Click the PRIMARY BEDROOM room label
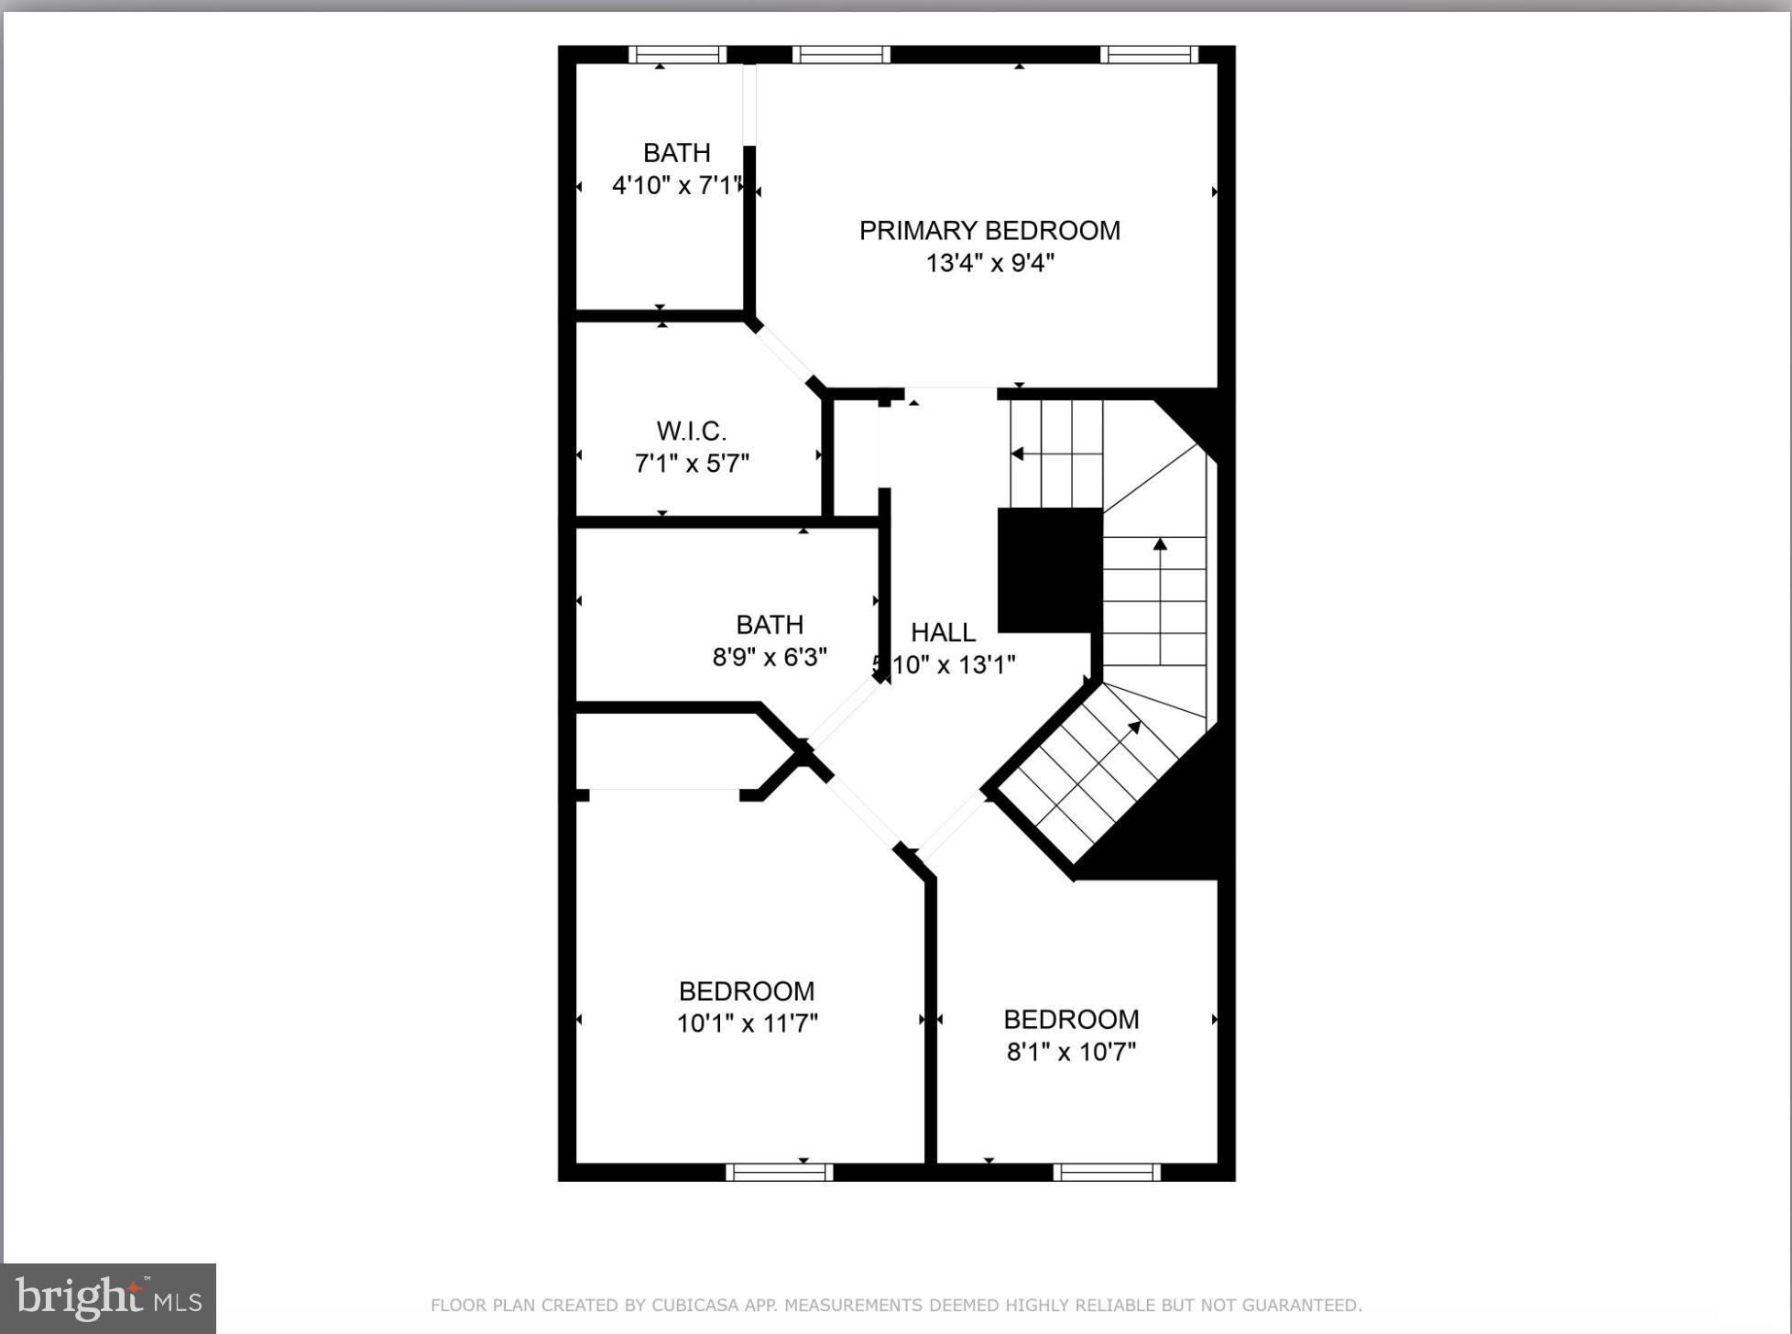tap(989, 230)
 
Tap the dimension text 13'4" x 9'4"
tap(989, 264)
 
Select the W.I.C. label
tap(692, 431)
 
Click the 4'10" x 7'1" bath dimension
tap(676, 185)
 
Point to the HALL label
tap(943, 632)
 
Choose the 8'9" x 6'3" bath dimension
tap(770, 657)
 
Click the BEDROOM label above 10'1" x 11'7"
tap(747, 991)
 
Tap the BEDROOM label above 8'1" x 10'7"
tap(1071, 1020)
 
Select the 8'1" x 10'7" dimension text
tap(1071, 1052)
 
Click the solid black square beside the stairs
tap(1049, 570)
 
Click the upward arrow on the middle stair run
tap(1160, 545)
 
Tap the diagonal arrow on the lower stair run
tap(1134, 728)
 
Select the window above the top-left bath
tap(677, 55)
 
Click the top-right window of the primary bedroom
tap(1149, 55)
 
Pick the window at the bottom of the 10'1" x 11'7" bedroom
tap(779, 1172)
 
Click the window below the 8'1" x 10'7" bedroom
tap(1107, 1172)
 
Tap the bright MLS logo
tap(108, 1297)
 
